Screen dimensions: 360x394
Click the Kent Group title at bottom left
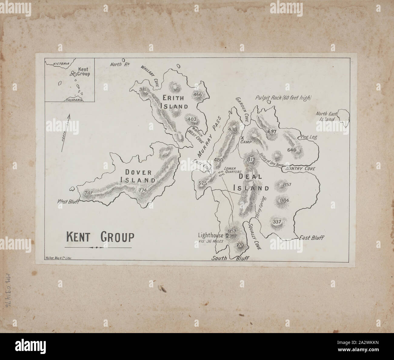tap(100, 237)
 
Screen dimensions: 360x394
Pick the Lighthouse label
tap(211, 235)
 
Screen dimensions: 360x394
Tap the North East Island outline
tap(343, 115)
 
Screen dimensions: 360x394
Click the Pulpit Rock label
tap(283, 98)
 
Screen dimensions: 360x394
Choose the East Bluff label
tap(311, 238)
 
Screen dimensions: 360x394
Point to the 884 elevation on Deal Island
tap(285, 200)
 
